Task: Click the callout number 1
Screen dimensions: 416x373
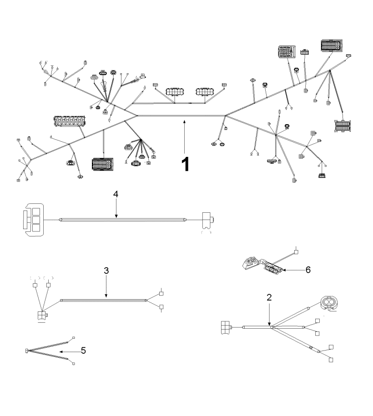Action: click(184, 164)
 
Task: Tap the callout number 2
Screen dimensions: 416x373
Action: click(269, 298)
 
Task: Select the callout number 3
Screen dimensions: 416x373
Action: click(106, 271)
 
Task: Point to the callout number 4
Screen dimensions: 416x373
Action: click(116, 194)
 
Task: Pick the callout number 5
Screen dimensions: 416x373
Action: click(83, 351)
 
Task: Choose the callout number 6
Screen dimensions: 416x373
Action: click(307, 270)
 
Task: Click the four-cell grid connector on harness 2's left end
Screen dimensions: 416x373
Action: click(226, 326)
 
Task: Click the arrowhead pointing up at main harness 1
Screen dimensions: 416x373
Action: click(184, 121)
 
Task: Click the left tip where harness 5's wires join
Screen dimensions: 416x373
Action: click(27, 350)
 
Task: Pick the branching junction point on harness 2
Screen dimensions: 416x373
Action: click(272, 326)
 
